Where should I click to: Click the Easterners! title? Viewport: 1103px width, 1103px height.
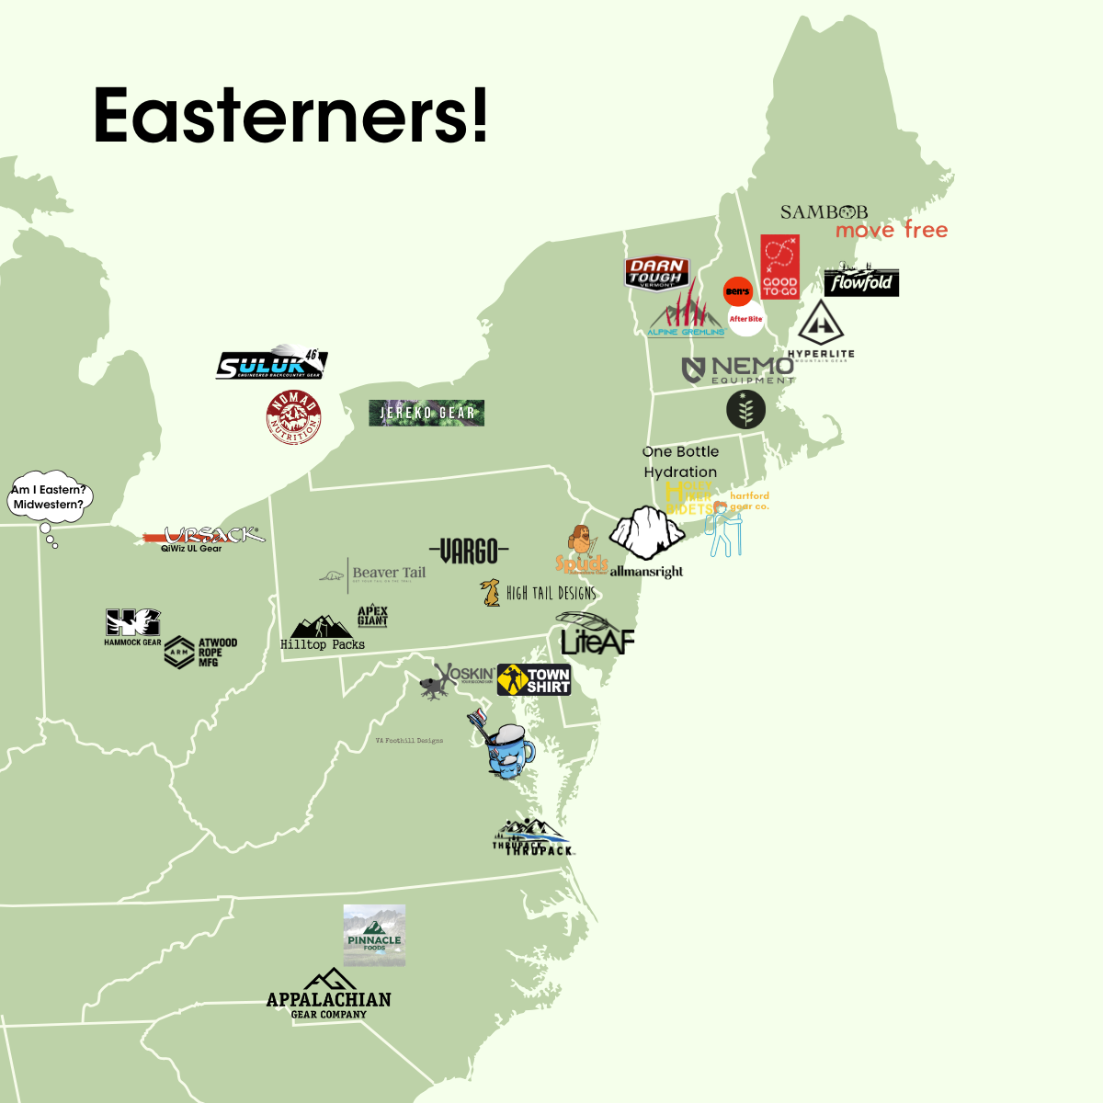pyautogui.click(x=290, y=116)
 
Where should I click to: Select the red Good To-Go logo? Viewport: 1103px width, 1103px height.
pyautogui.click(x=779, y=267)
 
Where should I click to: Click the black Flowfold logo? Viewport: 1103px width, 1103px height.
pyautogui.click(x=861, y=282)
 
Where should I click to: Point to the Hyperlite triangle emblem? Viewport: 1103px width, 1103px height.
pyautogui.click(x=821, y=324)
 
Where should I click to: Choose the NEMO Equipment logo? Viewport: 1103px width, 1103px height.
pyautogui.click(x=738, y=370)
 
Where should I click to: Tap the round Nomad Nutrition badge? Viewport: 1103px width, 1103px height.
pyautogui.click(x=293, y=416)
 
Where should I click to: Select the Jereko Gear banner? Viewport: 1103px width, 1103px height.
pyautogui.click(x=426, y=413)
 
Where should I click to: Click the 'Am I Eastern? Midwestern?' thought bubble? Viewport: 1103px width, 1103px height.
pyautogui.click(x=50, y=497)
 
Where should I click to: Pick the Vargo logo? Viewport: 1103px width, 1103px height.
pyautogui.click(x=469, y=551)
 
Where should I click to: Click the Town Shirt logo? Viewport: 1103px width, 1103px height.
pyautogui.click(x=534, y=680)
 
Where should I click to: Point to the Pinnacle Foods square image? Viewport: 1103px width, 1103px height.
pyautogui.click(x=374, y=936)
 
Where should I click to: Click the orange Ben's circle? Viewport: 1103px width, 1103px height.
pyautogui.click(x=738, y=291)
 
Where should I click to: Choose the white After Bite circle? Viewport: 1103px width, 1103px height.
pyautogui.click(x=746, y=319)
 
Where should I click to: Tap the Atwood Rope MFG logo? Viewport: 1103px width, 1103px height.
pyautogui.click(x=201, y=652)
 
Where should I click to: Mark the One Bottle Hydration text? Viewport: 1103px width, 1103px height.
pyautogui.click(x=680, y=461)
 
